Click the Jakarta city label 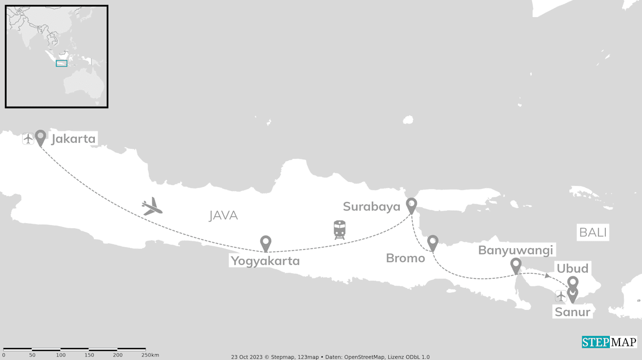73,139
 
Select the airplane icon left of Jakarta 28,139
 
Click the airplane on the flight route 151,206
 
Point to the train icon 340,229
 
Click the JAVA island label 223,216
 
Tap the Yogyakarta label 265,261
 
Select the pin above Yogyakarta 266,243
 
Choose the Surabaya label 372,207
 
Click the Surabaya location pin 411,205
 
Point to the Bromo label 405,258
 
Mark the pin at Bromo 433,243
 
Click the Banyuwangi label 516,250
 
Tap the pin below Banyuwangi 516,265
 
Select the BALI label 593,233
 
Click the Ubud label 572,268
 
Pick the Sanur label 572,312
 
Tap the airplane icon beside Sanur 561,296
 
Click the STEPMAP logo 609,342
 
